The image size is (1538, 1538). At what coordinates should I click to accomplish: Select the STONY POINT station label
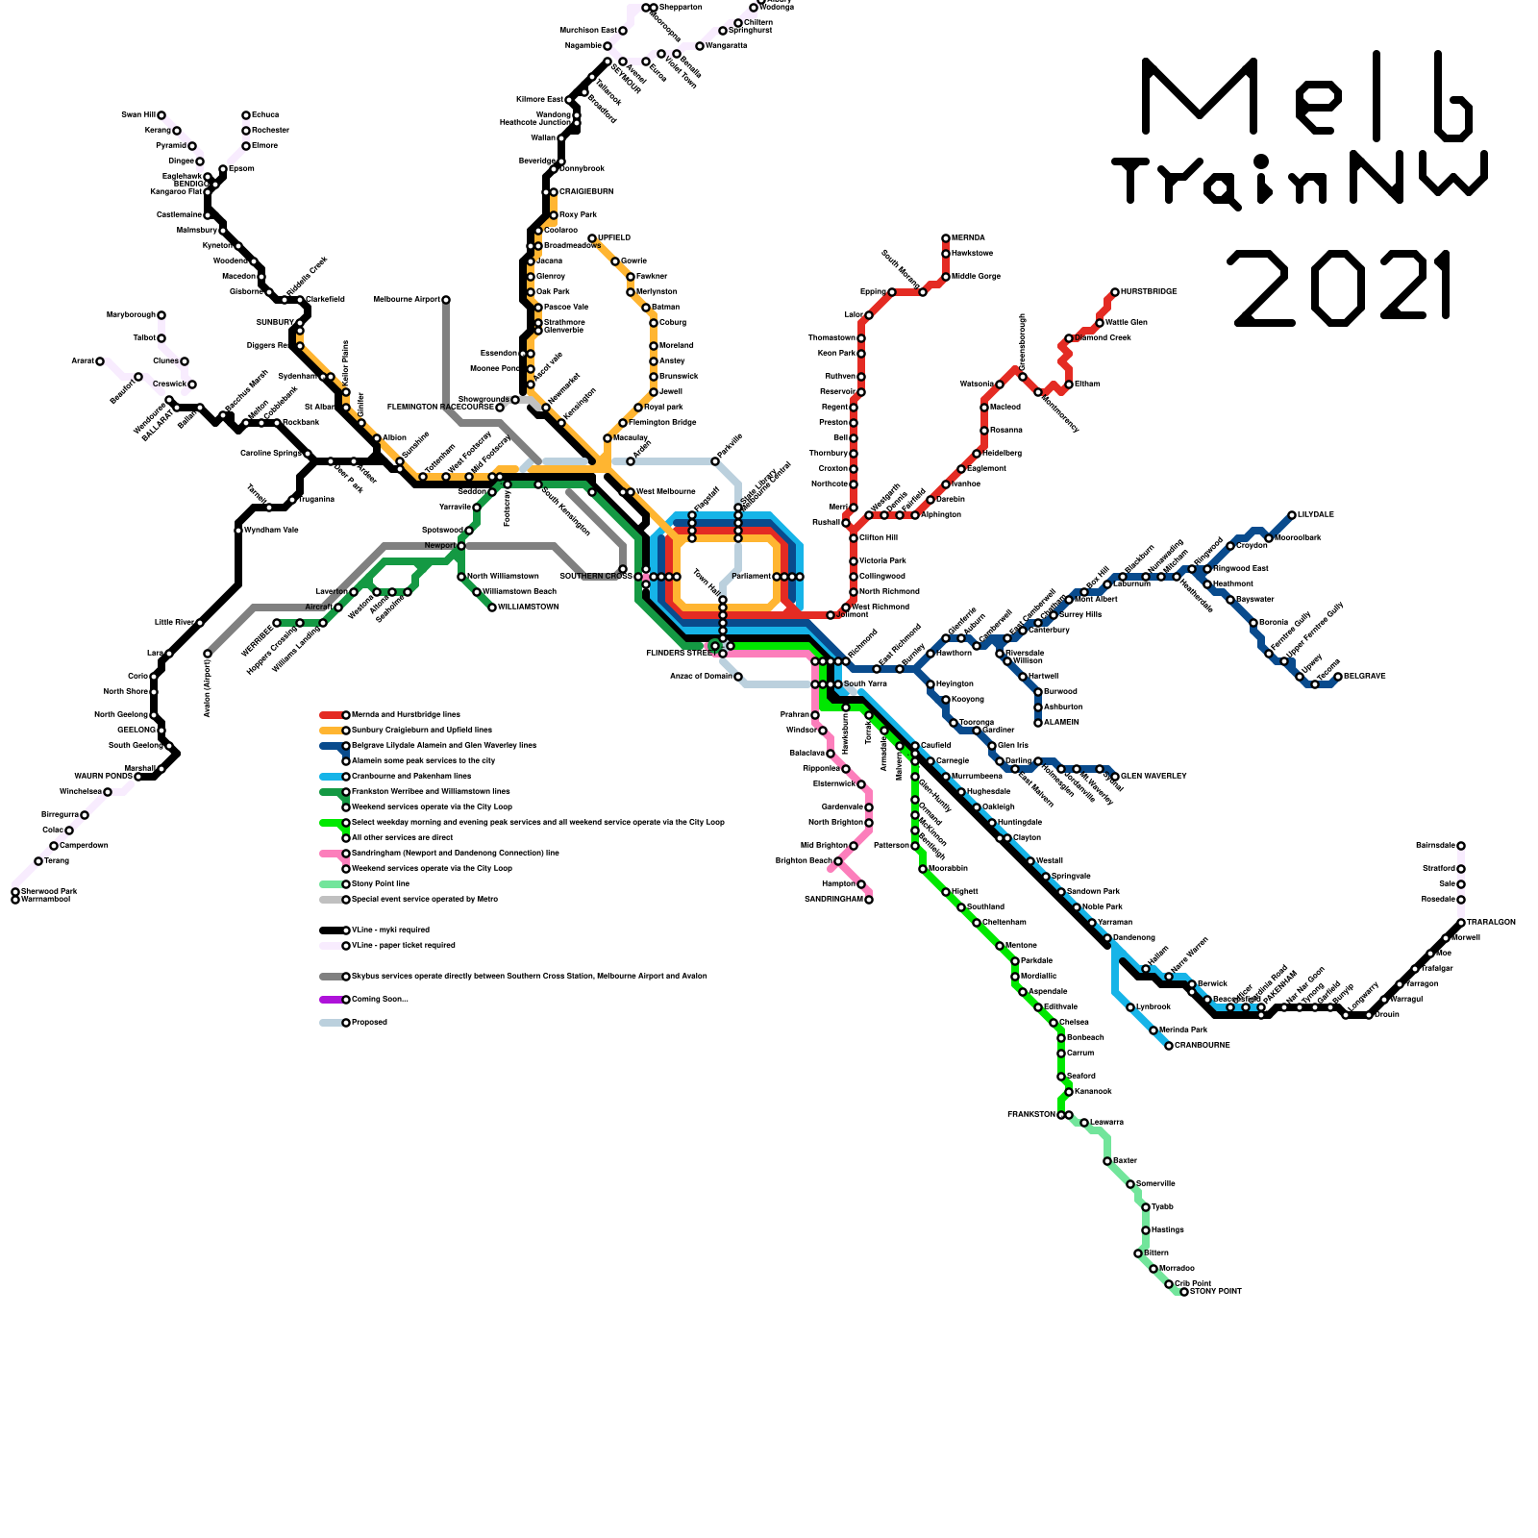point(1216,1291)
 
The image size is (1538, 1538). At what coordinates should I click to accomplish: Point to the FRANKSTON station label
point(1030,1114)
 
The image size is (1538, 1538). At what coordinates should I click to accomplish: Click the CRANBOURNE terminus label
point(1202,1045)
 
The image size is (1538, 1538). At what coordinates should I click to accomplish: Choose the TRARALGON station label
point(1491,922)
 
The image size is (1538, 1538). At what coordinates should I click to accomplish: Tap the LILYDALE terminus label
point(1316,514)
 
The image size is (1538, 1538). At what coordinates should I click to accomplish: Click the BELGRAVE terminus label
point(1365,676)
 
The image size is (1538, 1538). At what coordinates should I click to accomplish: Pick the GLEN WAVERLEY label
point(1153,776)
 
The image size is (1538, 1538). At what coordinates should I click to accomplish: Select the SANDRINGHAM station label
point(833,899)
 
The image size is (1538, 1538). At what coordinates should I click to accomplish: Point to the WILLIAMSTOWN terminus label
point(528,607)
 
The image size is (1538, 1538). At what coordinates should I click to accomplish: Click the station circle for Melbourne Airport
point(446,300)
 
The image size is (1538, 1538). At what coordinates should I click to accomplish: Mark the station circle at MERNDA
point(946,238)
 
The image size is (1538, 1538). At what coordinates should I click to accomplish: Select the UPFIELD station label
point(614,237)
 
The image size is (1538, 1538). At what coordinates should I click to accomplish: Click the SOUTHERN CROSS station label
point(595,576)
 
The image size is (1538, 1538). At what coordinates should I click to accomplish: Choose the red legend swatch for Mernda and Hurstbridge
point(331,715)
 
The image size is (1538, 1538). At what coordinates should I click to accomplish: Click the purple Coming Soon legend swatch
point(331,1000)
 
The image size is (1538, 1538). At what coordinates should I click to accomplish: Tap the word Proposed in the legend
point(370,1022)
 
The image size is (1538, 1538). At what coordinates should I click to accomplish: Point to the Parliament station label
point(751,576)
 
